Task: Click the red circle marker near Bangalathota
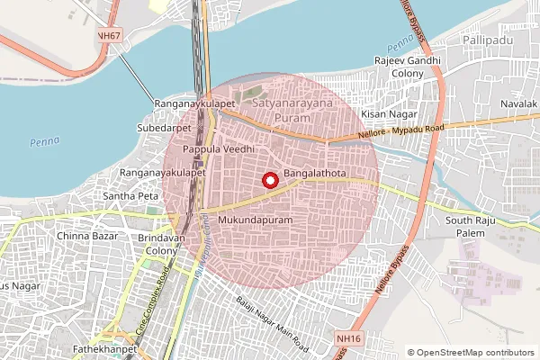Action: click(x=268, y=180)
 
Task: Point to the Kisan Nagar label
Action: click(x=385, y=115)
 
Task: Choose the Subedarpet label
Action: click(x=171, y=127)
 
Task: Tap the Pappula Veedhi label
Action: click(x=220, y=148)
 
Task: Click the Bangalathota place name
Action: click(x=316, y=171)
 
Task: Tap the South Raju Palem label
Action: click(x=472, y=227)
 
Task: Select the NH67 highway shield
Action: click(x=110, y=35)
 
